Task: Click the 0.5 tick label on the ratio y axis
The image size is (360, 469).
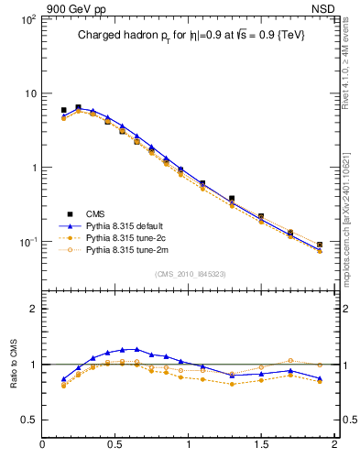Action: pyautogui.click(x=27, y=420)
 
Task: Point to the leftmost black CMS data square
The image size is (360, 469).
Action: pyautogui.click(x=63, y=110)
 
